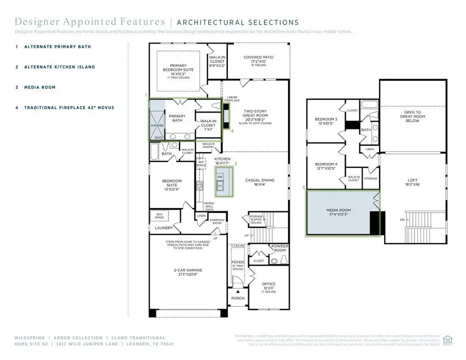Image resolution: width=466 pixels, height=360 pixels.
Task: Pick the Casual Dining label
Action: (x=259, y=182)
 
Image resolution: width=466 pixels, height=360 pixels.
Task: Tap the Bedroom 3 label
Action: (x=326, y=121)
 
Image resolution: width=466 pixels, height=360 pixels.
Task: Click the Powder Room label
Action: (x=280, y=248)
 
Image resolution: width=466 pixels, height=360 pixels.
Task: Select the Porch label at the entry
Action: (x=238, y=298)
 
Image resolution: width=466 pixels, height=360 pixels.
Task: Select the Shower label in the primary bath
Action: (x=157, y=125)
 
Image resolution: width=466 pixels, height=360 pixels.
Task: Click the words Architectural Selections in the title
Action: (x=238, y=22)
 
